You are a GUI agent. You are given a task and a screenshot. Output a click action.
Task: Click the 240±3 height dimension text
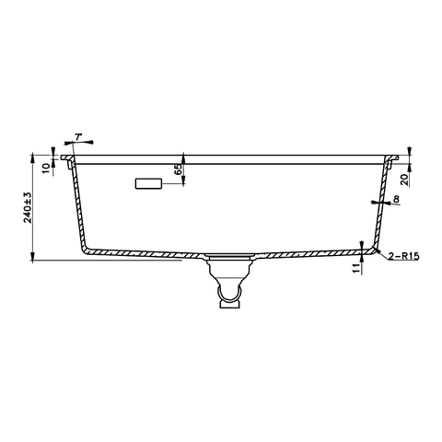tap(28, 208)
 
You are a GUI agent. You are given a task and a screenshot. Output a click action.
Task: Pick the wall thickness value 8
tap(395, 199)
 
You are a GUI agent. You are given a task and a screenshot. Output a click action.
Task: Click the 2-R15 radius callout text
tap(405, 256)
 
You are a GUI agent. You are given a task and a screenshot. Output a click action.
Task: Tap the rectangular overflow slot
tap(148, 184)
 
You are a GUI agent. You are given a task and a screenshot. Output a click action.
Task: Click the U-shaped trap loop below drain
tap(227, 296)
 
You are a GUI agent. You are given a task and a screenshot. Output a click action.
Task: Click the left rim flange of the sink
tap(67, 158)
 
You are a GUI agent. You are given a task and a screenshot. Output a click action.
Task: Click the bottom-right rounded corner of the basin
tap(372, 248)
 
